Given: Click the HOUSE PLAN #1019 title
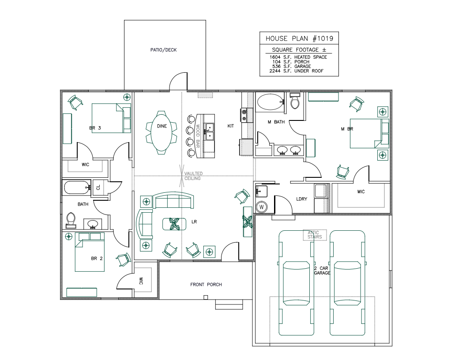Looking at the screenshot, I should [299, 39].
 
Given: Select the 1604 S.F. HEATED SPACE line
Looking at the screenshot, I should [298, 57].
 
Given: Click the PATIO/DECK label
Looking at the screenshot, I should [163, 50].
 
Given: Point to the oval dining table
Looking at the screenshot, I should [162, 132].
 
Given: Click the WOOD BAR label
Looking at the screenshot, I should [198, 136].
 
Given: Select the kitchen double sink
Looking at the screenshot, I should [209, 131].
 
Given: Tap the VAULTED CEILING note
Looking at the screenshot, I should [192, 176].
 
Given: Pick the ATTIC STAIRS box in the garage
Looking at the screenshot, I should [315, 235].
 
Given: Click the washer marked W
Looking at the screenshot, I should [262, 206].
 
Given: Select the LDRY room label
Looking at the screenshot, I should [301, 199].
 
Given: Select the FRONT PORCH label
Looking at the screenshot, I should [206, 285].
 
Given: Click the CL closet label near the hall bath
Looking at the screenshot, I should [98, 187].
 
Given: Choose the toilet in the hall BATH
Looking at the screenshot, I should [71, 219].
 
